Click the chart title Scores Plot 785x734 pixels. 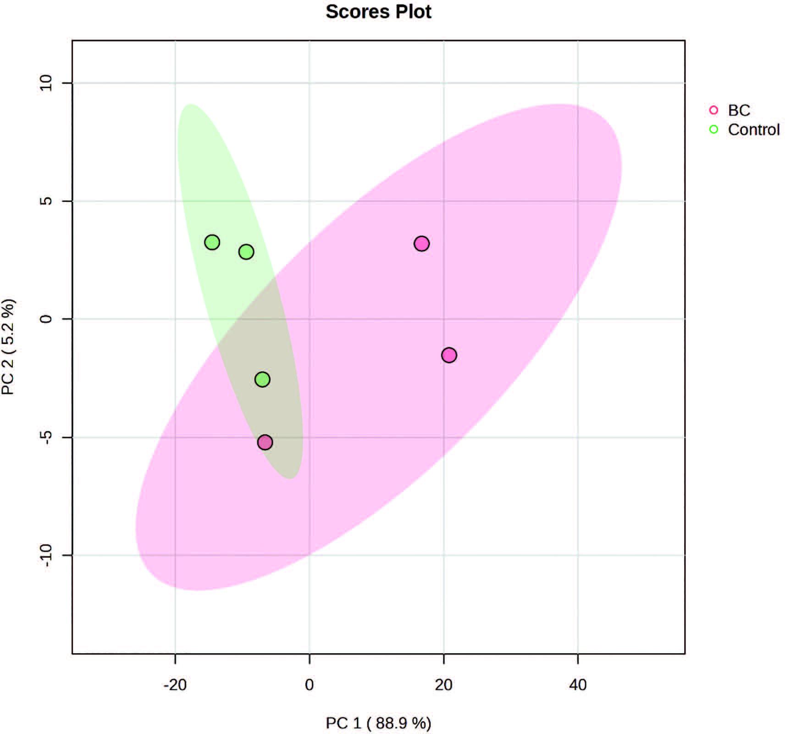pyautogui.click(x=378, y=12)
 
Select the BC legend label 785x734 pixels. pyautogui.click(x=739, y=111)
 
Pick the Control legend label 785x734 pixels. pyautogui.click(x=753, y=130)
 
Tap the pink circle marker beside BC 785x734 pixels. pyautogui.click(x=713, y=110)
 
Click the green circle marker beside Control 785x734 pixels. pyautogui.click(x=713, y=129)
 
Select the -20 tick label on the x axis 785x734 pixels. pyautogui.click(x=175, y=685)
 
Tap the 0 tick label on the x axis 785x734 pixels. pyautogui.click(x=309, y=685)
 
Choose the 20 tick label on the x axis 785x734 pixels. pyautogui.click(x=443, y=685)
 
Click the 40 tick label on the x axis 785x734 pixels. pyautogui.click(x=578, y=685)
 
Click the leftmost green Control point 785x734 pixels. pyautogui.click(x=212, y=242)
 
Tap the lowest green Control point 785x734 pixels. pyautogui.click(x=262, y=379)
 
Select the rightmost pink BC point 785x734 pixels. pyautogui.click(x=449, y=355)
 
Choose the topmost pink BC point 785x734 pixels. pyautogui.click(x=421, y=244)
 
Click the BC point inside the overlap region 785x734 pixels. pyautogui.click(x=265, y=442)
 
